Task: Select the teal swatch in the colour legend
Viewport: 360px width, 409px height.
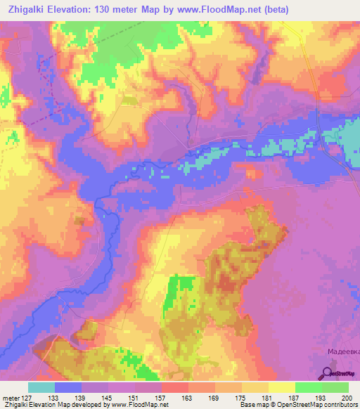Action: tap(41, 387)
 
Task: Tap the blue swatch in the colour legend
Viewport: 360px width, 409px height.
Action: tap(68, 387)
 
